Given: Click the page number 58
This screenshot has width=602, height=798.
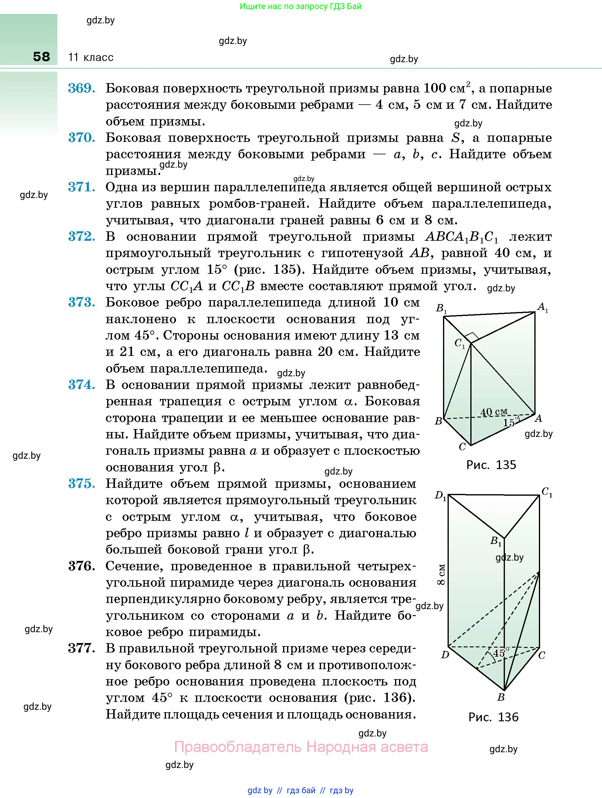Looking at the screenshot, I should point(42,57).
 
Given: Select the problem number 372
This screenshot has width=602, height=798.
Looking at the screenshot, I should point(82,237).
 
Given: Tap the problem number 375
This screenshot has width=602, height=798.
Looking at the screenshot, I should point(82,484).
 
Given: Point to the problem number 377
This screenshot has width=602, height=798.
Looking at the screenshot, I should point(82,649).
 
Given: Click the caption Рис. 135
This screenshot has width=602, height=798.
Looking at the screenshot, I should point(491,465).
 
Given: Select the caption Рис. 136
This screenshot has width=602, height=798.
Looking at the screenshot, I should point(493,717).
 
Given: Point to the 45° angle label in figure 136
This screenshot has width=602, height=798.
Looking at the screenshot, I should point(501,652).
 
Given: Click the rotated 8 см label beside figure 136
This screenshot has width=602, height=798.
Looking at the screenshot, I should point(441,575).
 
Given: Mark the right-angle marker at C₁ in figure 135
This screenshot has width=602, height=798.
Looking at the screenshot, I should point(472,338).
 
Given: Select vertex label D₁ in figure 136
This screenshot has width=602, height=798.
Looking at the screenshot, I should point(441,496).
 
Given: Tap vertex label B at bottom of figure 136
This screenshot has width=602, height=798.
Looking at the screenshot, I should point(501,697).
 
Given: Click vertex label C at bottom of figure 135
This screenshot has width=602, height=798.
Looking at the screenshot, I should point(462,447).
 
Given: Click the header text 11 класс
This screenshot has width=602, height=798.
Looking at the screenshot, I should point(91,57).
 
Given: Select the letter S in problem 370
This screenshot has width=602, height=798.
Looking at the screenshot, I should point(456,138).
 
